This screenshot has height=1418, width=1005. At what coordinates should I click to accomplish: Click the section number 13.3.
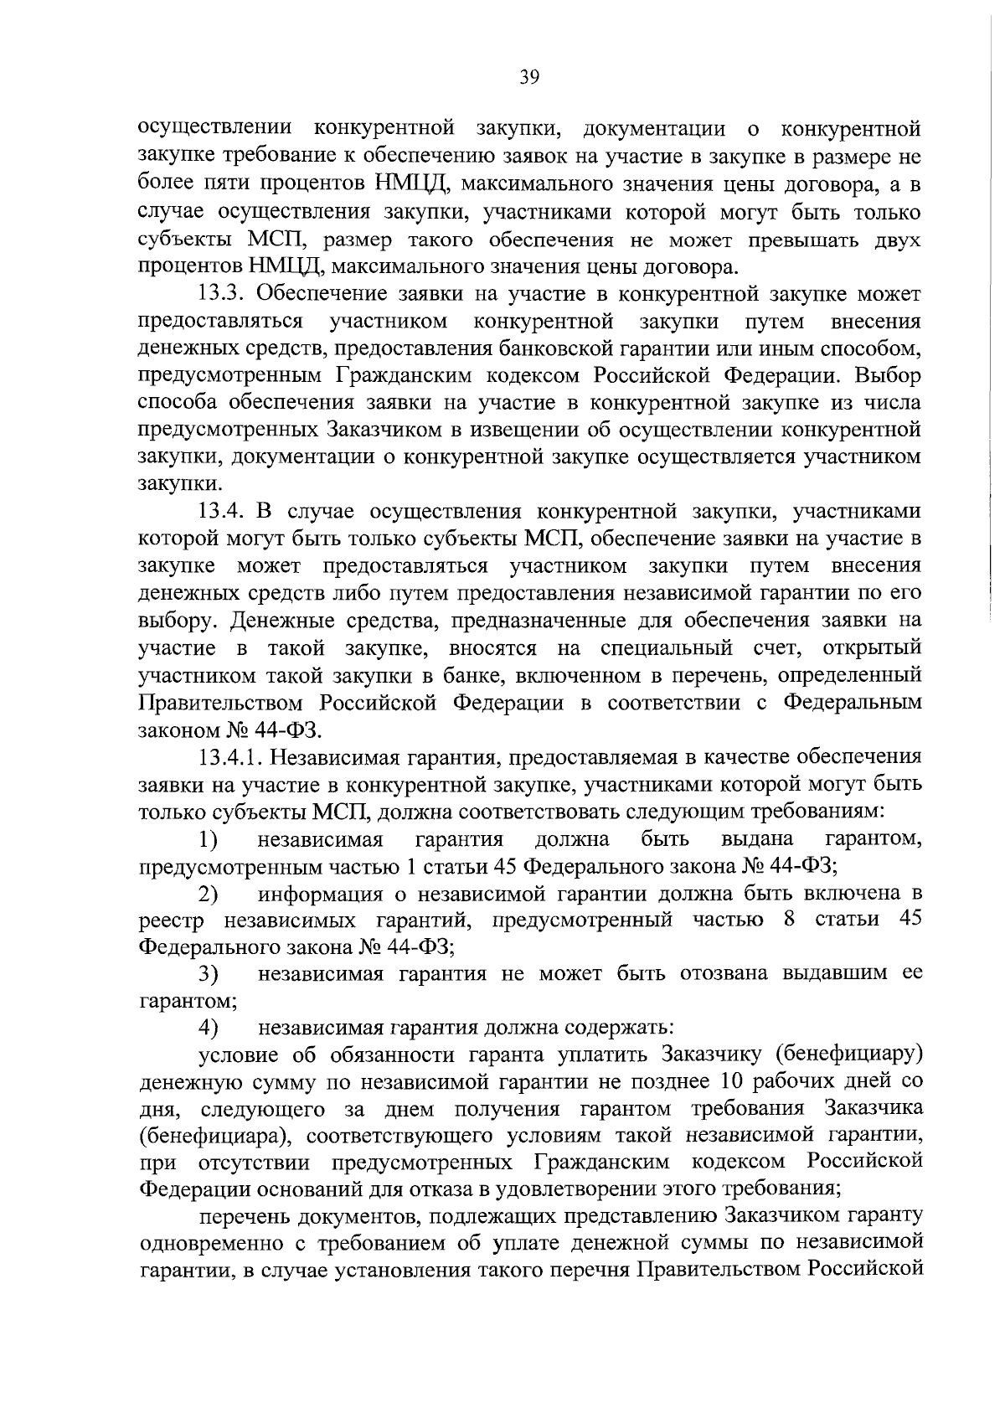pyautogui.click(x=224, y=294)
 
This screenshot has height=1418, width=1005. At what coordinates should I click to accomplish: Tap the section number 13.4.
pyautogui.click(x=224, y=512)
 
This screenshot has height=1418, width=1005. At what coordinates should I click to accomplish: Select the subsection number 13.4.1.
pyautogui.click(x=232, y=757)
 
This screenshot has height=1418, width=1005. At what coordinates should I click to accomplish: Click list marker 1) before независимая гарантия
pyautogui.click(x=208, y=839)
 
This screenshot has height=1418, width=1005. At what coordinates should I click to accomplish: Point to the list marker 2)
pyautogui.click(x=208, y=894)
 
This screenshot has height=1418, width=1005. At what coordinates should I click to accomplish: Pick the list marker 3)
pyautogui.click(x=208, y=975)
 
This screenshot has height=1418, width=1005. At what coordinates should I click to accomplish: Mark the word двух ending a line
pyautogui.click(x=897, y=240)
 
